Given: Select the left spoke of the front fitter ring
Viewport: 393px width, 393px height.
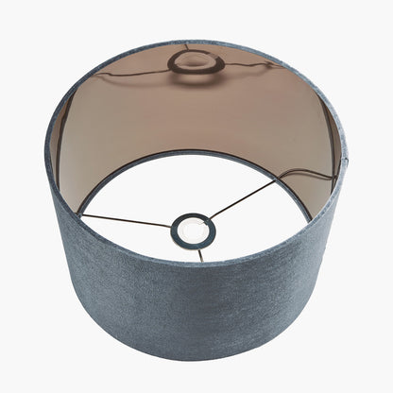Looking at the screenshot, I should (x=128, y=220).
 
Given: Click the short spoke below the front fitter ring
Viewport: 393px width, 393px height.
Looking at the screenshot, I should (x=199, y=253).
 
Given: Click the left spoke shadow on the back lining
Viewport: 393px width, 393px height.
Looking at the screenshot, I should (x=132, y=73).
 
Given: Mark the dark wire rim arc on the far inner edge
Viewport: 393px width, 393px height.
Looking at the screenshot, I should (x=198, y=152).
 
